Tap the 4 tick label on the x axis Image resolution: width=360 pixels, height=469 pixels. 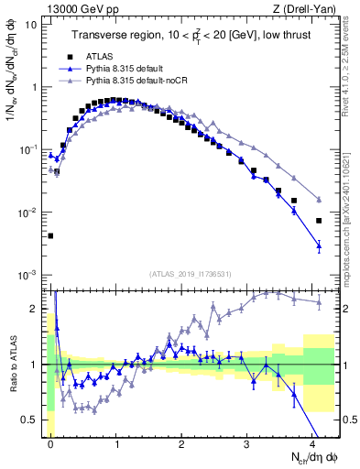pos(312,442)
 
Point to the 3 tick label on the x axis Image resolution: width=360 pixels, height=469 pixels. pos(247,442)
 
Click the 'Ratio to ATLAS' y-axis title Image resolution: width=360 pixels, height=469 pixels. pos(12,365)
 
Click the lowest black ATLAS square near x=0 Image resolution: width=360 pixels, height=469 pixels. pos(50,235)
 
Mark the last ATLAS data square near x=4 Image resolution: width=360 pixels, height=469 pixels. pos(319,221)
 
